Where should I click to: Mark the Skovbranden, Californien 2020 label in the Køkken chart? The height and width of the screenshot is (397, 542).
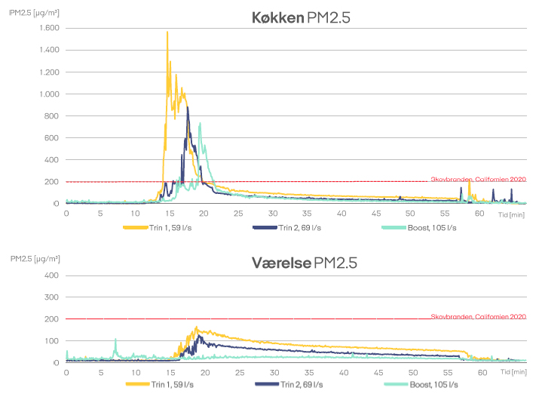pos(478,179)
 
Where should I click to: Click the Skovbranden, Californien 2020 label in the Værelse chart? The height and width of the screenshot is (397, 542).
pos(478,317)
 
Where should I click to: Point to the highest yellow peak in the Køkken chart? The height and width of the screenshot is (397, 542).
pos(167,32)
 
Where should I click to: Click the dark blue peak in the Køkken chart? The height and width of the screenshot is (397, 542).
pos(187,108)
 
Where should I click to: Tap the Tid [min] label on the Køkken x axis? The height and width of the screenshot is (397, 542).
pos(511,214)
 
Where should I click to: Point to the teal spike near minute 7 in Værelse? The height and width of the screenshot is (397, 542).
pos(115,340)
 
